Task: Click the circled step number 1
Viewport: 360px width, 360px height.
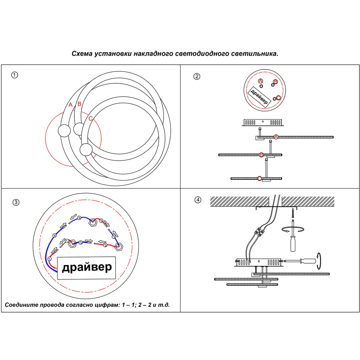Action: click(x=14, y=75)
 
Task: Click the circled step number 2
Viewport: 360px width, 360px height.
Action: click(x=197, y=76)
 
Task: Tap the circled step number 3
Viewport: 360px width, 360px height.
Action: click(x=16, y=202)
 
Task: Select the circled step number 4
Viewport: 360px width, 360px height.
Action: click(x=198, y=200)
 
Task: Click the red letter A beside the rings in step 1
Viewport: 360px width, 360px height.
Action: click(x=70, y=105)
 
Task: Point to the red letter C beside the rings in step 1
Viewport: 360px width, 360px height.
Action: click(x=91, y=119)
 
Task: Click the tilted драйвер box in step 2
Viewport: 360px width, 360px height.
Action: click(x=259, y=97)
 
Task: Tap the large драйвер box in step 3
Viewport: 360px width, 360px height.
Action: click(x=86, y=268)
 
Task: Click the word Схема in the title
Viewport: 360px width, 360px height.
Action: click(x=82, y=54)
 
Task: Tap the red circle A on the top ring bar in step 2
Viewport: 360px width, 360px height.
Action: click(x=276, y=137)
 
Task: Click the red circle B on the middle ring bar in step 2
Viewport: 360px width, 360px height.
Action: click(x=261, y=155)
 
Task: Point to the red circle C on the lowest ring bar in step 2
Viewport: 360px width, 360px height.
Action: click(x=259, y=178)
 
